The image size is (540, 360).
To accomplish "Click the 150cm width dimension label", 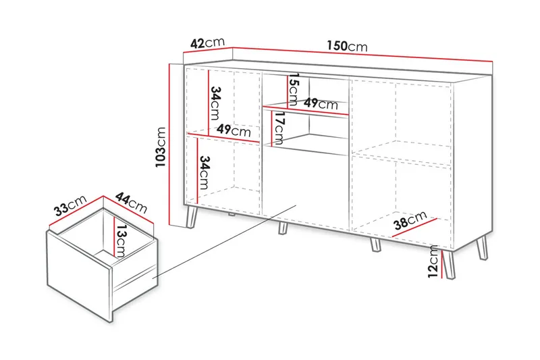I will tap(347, 47).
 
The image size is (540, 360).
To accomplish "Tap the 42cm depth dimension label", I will tap(207, 43).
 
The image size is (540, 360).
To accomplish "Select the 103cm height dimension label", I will tap(160, 147).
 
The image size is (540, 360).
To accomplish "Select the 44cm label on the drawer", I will tap(132, 202).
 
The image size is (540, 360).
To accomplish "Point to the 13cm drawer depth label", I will tap(119, 241).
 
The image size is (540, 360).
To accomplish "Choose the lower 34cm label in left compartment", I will tap(204, 172).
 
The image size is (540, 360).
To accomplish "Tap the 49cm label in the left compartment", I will tap(234, 131).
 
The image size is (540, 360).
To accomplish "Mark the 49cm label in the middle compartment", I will tap(320, 104).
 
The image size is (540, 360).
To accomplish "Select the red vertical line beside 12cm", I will tap(443, 263).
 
